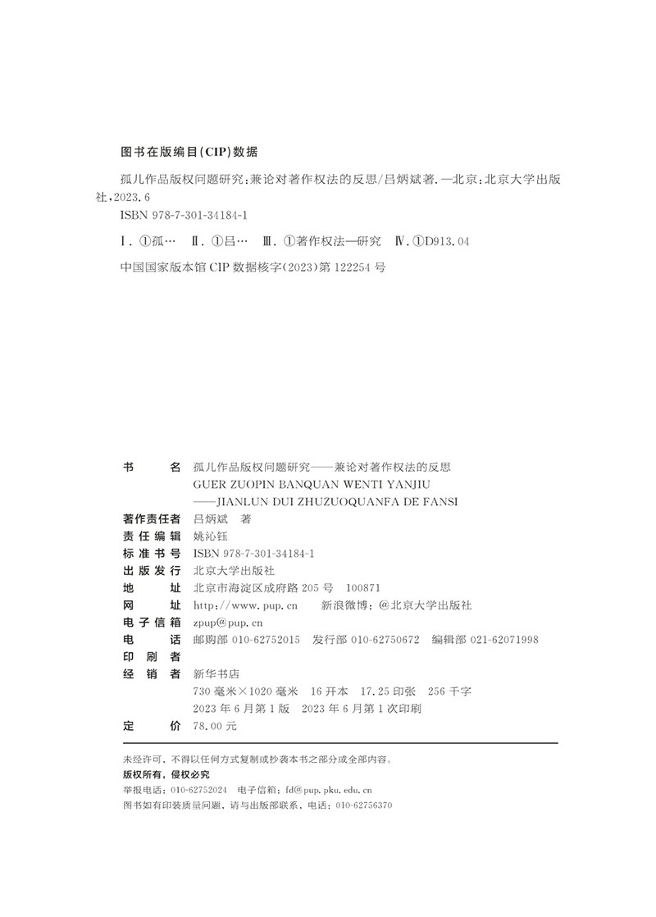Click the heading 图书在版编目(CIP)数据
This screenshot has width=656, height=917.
[189, 152]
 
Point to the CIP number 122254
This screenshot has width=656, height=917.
[345, 267]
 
